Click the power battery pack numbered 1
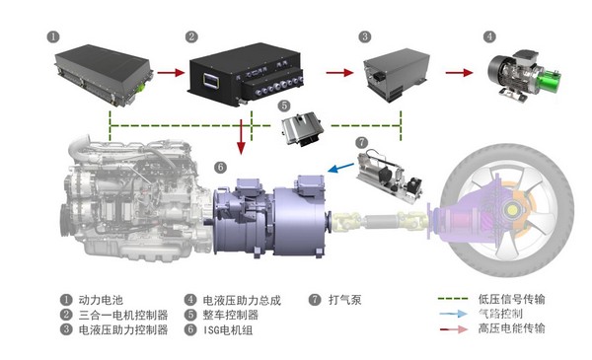[104, 75]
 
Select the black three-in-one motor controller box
[246, 75]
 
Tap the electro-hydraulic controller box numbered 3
[395, 75]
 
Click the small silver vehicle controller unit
[302, 128]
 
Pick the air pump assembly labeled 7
[390, 174]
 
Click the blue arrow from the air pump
[341, 168]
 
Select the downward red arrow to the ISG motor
[242, 137]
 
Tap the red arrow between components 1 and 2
[171, 72]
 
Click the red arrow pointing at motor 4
[459, 72]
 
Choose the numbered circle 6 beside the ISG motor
[220, 167]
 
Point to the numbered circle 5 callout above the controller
[284, 106]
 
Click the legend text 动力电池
[101, 300]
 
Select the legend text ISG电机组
[228, 330]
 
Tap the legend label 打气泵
[345, 300]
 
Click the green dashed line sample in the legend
[454, 299]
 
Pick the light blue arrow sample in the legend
[454, 314]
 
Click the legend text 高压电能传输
[511, 328]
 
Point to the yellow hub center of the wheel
[512, 209]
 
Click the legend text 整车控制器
[231, 315]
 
